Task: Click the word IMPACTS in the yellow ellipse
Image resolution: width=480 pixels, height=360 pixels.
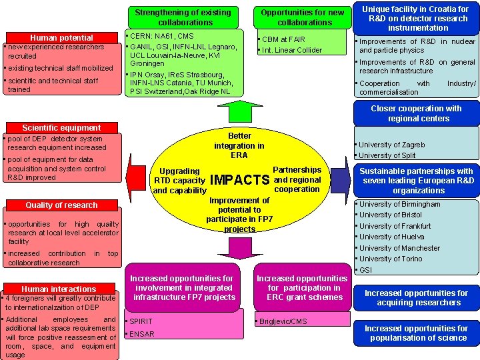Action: (239, 181)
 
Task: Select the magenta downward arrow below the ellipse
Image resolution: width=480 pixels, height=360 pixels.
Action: (239, 247)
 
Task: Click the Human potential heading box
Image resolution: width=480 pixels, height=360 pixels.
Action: (61, 37)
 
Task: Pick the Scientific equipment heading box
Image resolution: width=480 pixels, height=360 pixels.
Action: (61, 127)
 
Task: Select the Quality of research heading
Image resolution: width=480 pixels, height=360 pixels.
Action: (61, 205)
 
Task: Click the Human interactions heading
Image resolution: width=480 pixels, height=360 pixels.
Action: (59, 289)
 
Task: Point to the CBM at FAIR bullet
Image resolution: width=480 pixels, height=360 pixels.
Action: (283, 39)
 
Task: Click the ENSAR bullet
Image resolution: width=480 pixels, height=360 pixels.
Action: (141, 333)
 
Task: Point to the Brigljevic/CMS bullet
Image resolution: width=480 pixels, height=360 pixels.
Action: (283, 321)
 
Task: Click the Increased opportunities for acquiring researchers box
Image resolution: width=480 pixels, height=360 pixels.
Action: (416, 298)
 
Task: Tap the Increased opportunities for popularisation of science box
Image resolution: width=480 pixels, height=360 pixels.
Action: (416, 333)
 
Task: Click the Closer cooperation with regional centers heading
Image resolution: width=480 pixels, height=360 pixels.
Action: (416, 113)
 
